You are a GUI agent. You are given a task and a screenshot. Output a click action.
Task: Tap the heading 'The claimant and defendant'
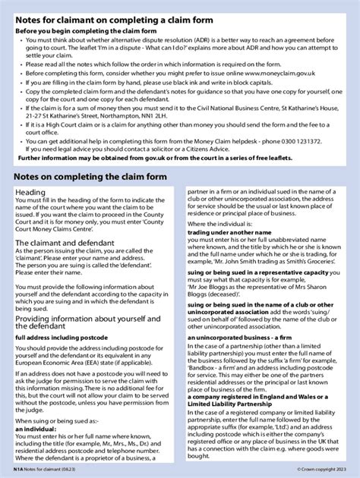[x=65, y=242]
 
